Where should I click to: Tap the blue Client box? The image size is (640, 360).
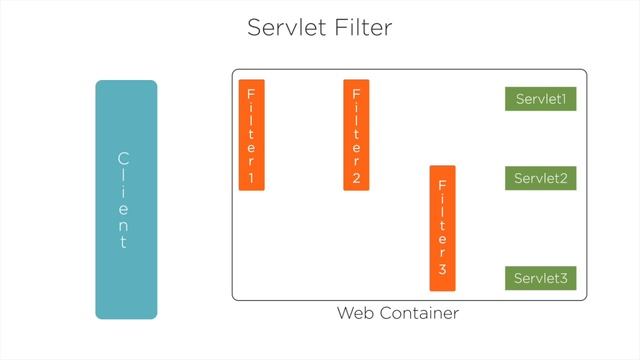coord(126,199)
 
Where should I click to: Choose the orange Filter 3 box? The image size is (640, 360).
coord(442,227)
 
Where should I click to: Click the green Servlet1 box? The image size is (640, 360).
coord(541,100)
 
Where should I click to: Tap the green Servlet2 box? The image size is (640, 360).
coord(541,179)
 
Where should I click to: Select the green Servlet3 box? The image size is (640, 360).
coord(541,278)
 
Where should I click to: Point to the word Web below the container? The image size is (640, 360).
coord(355,314)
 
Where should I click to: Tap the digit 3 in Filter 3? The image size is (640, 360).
coord(442,270)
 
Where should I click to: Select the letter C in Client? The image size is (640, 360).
coord(124,158)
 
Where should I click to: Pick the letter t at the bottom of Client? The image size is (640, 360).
coord(124,242)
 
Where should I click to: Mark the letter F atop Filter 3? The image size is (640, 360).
coord(442,185)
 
